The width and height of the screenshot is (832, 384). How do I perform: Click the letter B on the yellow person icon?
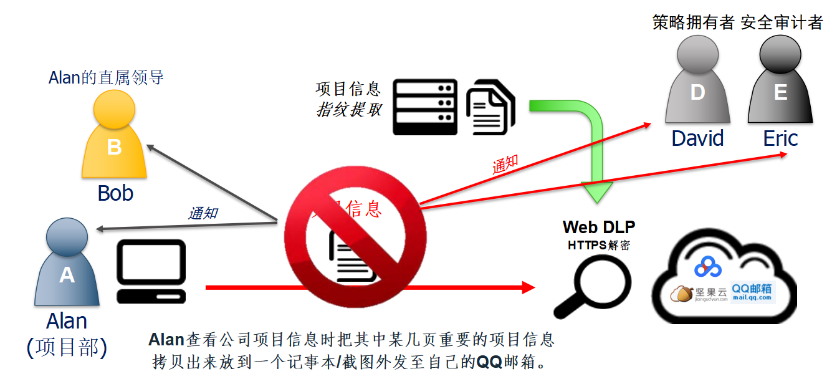point(114,147)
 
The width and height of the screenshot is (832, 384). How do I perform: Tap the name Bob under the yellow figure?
point(115,193)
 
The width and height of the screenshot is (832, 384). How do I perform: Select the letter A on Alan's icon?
point(67,275)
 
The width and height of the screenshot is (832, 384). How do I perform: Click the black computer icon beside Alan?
point(151,271)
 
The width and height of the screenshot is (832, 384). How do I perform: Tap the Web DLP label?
point(598,227)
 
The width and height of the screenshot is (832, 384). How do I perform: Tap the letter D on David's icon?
point(697,92)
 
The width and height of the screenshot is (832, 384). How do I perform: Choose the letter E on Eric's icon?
point(780,92)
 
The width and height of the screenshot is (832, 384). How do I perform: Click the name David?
point(697,138)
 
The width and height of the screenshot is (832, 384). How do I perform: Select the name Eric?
point(780,138)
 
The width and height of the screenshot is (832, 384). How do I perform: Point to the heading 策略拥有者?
point(694,23)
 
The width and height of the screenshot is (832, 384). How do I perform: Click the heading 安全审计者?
point(782,23)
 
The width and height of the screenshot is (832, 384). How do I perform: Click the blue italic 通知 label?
point(203,213)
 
